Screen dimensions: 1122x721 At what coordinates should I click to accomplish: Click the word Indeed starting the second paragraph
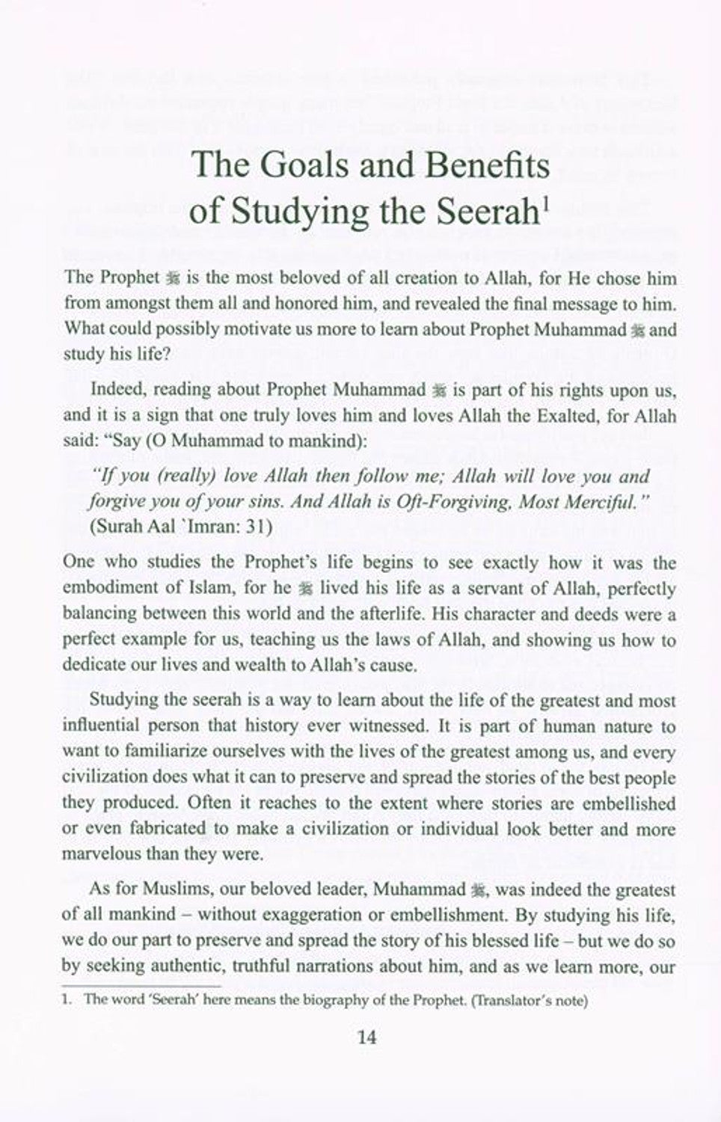click(111, 390)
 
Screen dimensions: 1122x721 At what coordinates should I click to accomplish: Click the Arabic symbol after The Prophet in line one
click(171, 278)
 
